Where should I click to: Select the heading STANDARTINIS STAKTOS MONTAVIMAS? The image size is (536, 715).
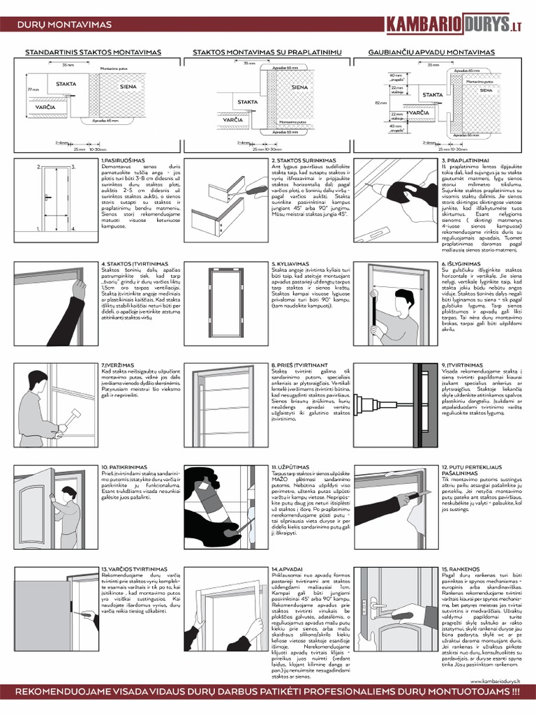[x=94, y=52]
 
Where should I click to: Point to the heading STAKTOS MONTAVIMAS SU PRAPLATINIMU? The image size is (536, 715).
[x=266, y=52]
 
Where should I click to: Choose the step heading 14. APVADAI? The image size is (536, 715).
[x=287, y=569]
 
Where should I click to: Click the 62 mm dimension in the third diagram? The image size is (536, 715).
[x=380, y=102]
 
